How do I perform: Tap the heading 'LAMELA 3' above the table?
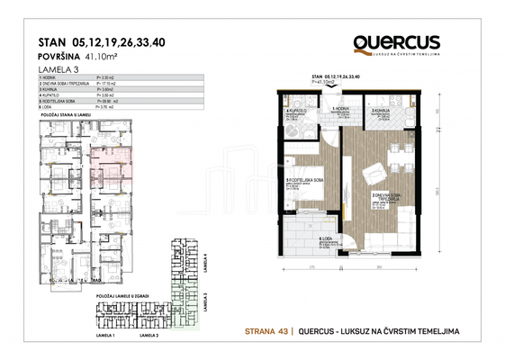pos(58,68)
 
